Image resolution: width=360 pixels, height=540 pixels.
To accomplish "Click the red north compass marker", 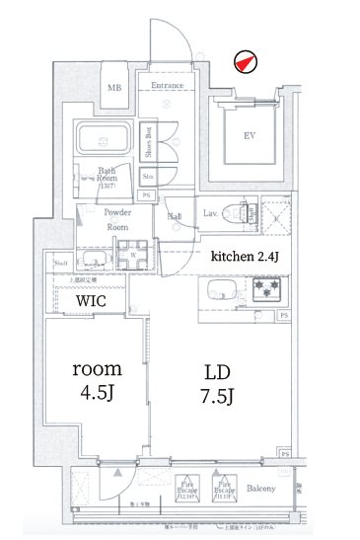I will point(243,62).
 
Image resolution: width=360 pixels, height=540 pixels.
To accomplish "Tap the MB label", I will point(114,89).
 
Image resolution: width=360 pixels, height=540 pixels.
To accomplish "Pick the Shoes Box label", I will point(148,144).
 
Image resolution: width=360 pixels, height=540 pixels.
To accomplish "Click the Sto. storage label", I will point(147,178).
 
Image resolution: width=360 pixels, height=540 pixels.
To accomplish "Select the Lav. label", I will point(210,212).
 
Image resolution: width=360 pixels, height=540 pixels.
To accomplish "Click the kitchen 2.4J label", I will point(243,256).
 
